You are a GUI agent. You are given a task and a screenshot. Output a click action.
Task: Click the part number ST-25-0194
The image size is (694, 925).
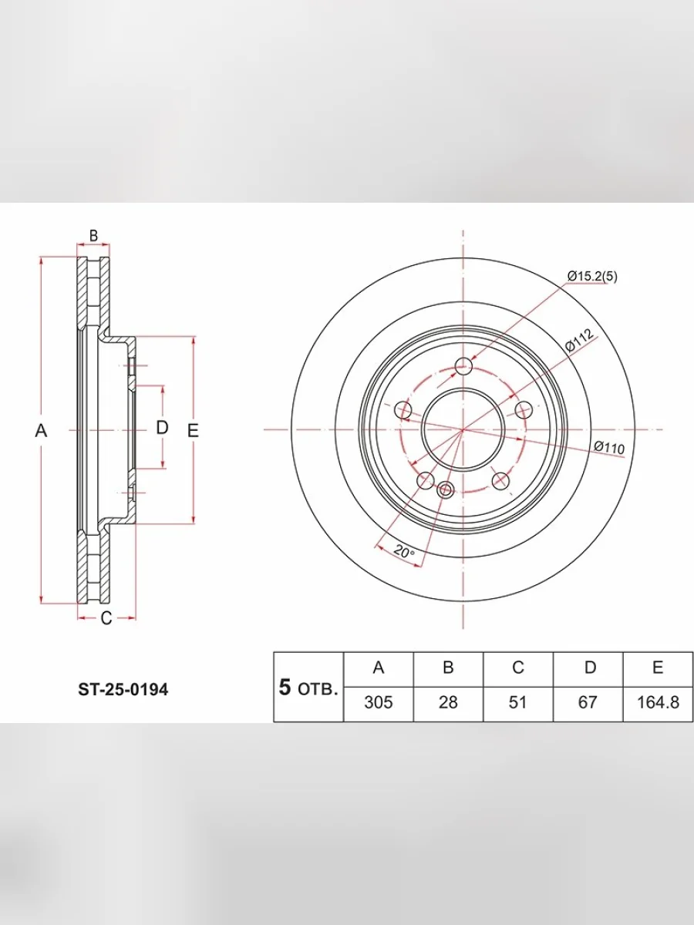(x=123, y=690)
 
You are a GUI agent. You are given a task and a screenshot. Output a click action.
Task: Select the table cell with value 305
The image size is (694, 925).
(x=379, y=702)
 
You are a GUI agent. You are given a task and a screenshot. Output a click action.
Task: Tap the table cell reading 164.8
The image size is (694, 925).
(x=658, y=702)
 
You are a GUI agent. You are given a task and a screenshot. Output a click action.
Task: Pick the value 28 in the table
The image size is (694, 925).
(x=448, y=702)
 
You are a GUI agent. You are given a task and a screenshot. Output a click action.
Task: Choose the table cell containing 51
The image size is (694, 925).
(x=518, y=702)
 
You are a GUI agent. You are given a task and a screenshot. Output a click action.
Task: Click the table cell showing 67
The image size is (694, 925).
(x=588, y=702)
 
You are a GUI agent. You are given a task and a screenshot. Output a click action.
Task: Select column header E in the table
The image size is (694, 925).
(x=658, y=668)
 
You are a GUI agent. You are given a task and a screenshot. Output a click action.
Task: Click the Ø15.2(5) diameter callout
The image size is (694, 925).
(x=592, y=277)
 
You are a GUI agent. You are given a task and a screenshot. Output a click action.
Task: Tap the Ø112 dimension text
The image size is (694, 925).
(x=580, y=340)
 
